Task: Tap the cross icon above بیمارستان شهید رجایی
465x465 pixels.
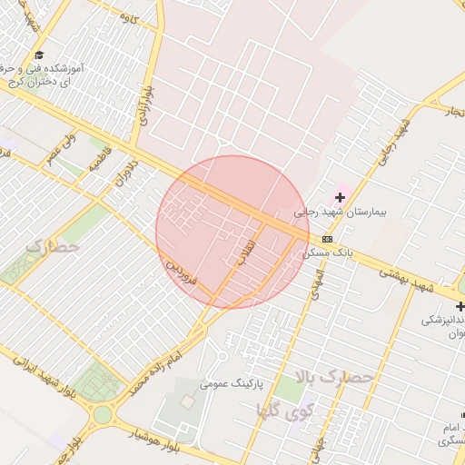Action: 341,197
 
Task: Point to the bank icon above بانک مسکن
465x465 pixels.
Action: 327,239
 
